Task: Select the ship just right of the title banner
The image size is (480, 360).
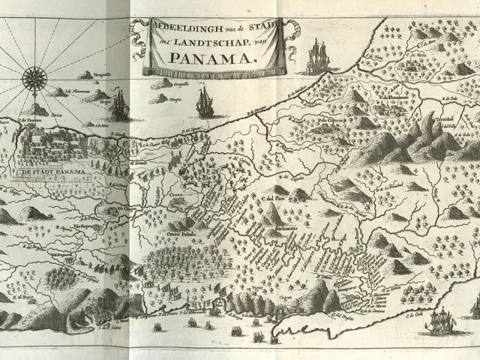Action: point(317,56)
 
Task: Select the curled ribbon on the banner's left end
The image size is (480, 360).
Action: point(137,30)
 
